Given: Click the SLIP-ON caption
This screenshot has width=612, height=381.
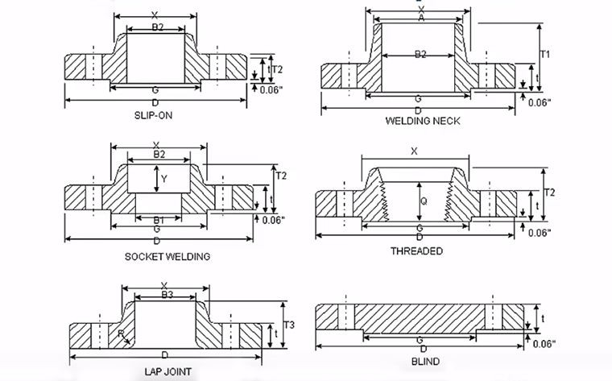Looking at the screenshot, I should (153, 115).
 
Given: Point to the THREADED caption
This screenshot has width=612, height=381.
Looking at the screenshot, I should (416, 251).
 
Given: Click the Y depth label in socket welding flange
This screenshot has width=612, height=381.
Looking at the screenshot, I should (164, 179).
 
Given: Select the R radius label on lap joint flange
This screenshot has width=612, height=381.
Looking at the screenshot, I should (121, 333).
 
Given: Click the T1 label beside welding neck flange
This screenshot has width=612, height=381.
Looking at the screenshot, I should (545, 54).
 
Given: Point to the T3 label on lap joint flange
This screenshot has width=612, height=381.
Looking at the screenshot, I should (291, 325).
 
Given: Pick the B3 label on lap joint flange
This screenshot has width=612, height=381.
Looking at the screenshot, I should (167, 295).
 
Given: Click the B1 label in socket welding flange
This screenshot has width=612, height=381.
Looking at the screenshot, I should (159, 220).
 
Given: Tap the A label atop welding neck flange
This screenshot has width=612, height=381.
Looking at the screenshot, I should (420, 18).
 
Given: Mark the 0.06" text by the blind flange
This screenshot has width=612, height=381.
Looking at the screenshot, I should (544, 344).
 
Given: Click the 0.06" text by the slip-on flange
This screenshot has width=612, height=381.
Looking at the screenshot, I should (271, 90).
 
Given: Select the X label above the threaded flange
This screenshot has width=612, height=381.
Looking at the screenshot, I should (415, 151).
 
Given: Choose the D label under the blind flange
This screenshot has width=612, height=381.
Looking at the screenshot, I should (421, 350).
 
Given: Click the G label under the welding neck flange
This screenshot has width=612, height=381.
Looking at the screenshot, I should (418, 98).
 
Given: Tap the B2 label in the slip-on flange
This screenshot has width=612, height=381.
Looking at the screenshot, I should (158, 27).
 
